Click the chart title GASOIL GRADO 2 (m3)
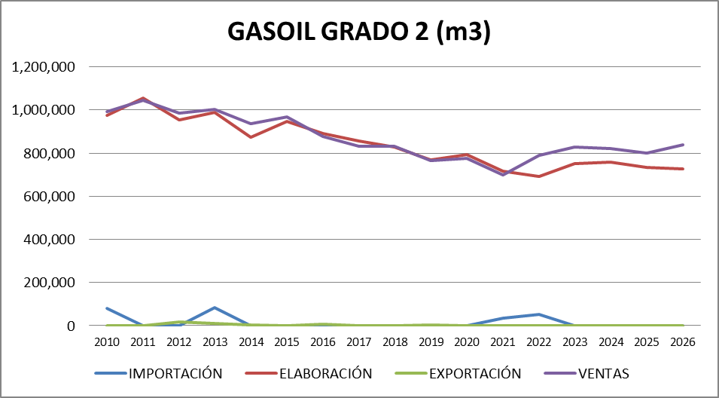click(359, 32)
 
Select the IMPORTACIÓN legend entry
click(175, 373)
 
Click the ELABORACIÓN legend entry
click(326, 373)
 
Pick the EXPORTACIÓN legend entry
click(476, 373)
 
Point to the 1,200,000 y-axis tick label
click(44, 67)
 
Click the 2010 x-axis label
click(107, 341)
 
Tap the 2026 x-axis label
click(683, 341)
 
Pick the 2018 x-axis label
click(395, 341)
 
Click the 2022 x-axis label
click(539, 341)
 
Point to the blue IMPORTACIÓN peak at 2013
click(215, 308)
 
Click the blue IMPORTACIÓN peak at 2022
click(539, 314)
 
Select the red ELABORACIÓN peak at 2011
click(143, 98)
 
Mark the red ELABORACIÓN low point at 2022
click(539, 176)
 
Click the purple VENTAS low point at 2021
click(503, 175)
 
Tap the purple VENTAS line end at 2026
click(683, 145)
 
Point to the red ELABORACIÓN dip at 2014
click(251, 137)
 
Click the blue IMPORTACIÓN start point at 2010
click(107, 308)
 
